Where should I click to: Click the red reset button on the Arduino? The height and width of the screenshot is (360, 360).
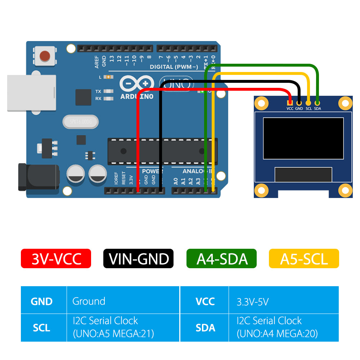click(x=45, y=56)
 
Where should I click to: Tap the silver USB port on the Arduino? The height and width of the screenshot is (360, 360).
click(x=31, y=93)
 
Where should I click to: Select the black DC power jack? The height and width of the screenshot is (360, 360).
click(x=39, y=177)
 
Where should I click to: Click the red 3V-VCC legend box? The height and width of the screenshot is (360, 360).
click(x=56, y=258)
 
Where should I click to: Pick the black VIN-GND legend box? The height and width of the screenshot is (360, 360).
click(x=139, y=258)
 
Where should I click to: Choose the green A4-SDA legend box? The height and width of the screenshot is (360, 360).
click(x=221, y=258)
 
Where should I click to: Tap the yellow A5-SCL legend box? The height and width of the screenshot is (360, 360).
click(x=304, y=258)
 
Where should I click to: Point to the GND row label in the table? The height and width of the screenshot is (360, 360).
click(x=42, y=301)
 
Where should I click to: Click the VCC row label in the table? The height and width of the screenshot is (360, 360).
click(x=205, y=301)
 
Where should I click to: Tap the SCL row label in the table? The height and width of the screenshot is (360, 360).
click(x=42, y=328)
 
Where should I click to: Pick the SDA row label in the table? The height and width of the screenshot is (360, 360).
click(x=205, y=328)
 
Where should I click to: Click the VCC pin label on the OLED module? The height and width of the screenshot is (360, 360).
click(x=290, y=108)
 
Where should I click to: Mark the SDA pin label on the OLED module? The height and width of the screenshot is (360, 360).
click(x=317, y=108)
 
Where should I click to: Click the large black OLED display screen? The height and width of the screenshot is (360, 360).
click(x=303, y=138)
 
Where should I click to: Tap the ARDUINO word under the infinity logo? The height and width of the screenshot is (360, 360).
click(x=137, y=96)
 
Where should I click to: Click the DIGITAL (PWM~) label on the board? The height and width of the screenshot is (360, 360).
click(x=174, y=67)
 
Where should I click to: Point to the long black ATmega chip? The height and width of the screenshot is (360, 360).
click(x=162, y=151)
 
